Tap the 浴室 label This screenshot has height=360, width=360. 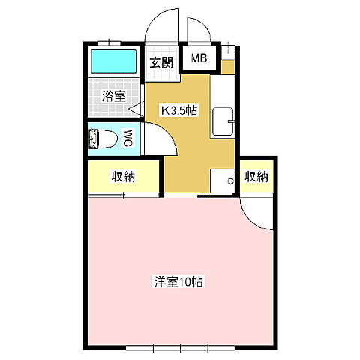[113, 97]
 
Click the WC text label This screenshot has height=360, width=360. [128, 138]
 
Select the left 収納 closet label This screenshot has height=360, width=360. [124, 177]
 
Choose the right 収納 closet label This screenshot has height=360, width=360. [256, 177]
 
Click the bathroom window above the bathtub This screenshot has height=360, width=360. [112, 42]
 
